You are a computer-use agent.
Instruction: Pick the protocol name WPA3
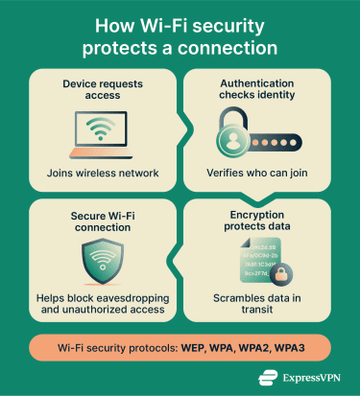point(310,345)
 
